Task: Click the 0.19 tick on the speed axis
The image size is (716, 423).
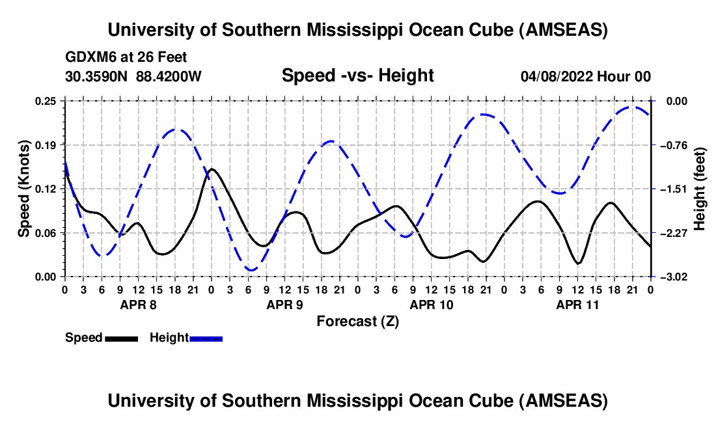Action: click(48, 144)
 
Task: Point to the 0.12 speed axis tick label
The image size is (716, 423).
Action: click(48, 189)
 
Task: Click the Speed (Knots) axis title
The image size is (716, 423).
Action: click(24, 189)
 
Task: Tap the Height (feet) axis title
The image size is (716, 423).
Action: click(700, 189)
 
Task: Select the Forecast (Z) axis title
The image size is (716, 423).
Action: click(357, 321)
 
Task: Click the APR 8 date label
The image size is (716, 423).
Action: click(138, 305)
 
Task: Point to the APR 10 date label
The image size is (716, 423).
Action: click(431, 305)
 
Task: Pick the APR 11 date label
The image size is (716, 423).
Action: click(577, 305)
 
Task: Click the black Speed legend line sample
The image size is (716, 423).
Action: click(121, 338)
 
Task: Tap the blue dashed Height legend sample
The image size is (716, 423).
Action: click(206, 338)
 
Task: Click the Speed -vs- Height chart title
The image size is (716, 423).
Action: click(357, 75)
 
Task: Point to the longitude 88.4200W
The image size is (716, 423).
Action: click(169, 76)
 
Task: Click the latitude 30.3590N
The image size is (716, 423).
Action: click(97, 76)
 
